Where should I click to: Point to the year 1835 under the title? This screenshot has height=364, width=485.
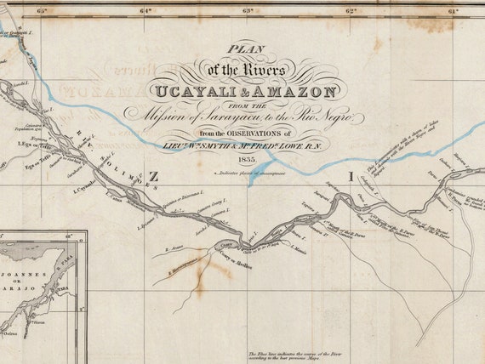(248, 158)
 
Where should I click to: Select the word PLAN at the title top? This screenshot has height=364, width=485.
(248, 48)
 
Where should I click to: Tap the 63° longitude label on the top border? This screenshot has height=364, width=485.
(248, 11)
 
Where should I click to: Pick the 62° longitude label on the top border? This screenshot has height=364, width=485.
(351, 11)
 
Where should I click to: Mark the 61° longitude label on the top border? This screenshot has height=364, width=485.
(453, 11)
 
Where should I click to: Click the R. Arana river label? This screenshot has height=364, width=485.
(174, 249)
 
